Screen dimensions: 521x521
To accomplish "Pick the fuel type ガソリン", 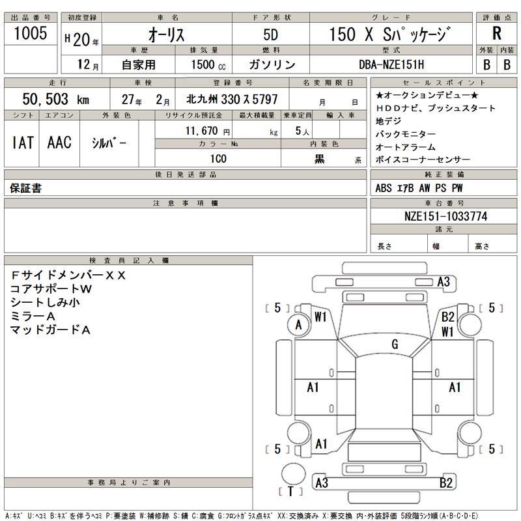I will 272,64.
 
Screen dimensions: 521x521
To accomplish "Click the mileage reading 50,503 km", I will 55,99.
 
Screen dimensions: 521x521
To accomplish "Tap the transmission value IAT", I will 23,143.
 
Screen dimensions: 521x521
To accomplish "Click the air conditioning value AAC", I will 59,143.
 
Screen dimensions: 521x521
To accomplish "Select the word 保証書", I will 26,188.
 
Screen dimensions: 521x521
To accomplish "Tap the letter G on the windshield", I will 395,345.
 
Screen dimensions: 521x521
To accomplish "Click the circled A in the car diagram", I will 299,325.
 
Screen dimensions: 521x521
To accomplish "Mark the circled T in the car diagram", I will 290,490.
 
